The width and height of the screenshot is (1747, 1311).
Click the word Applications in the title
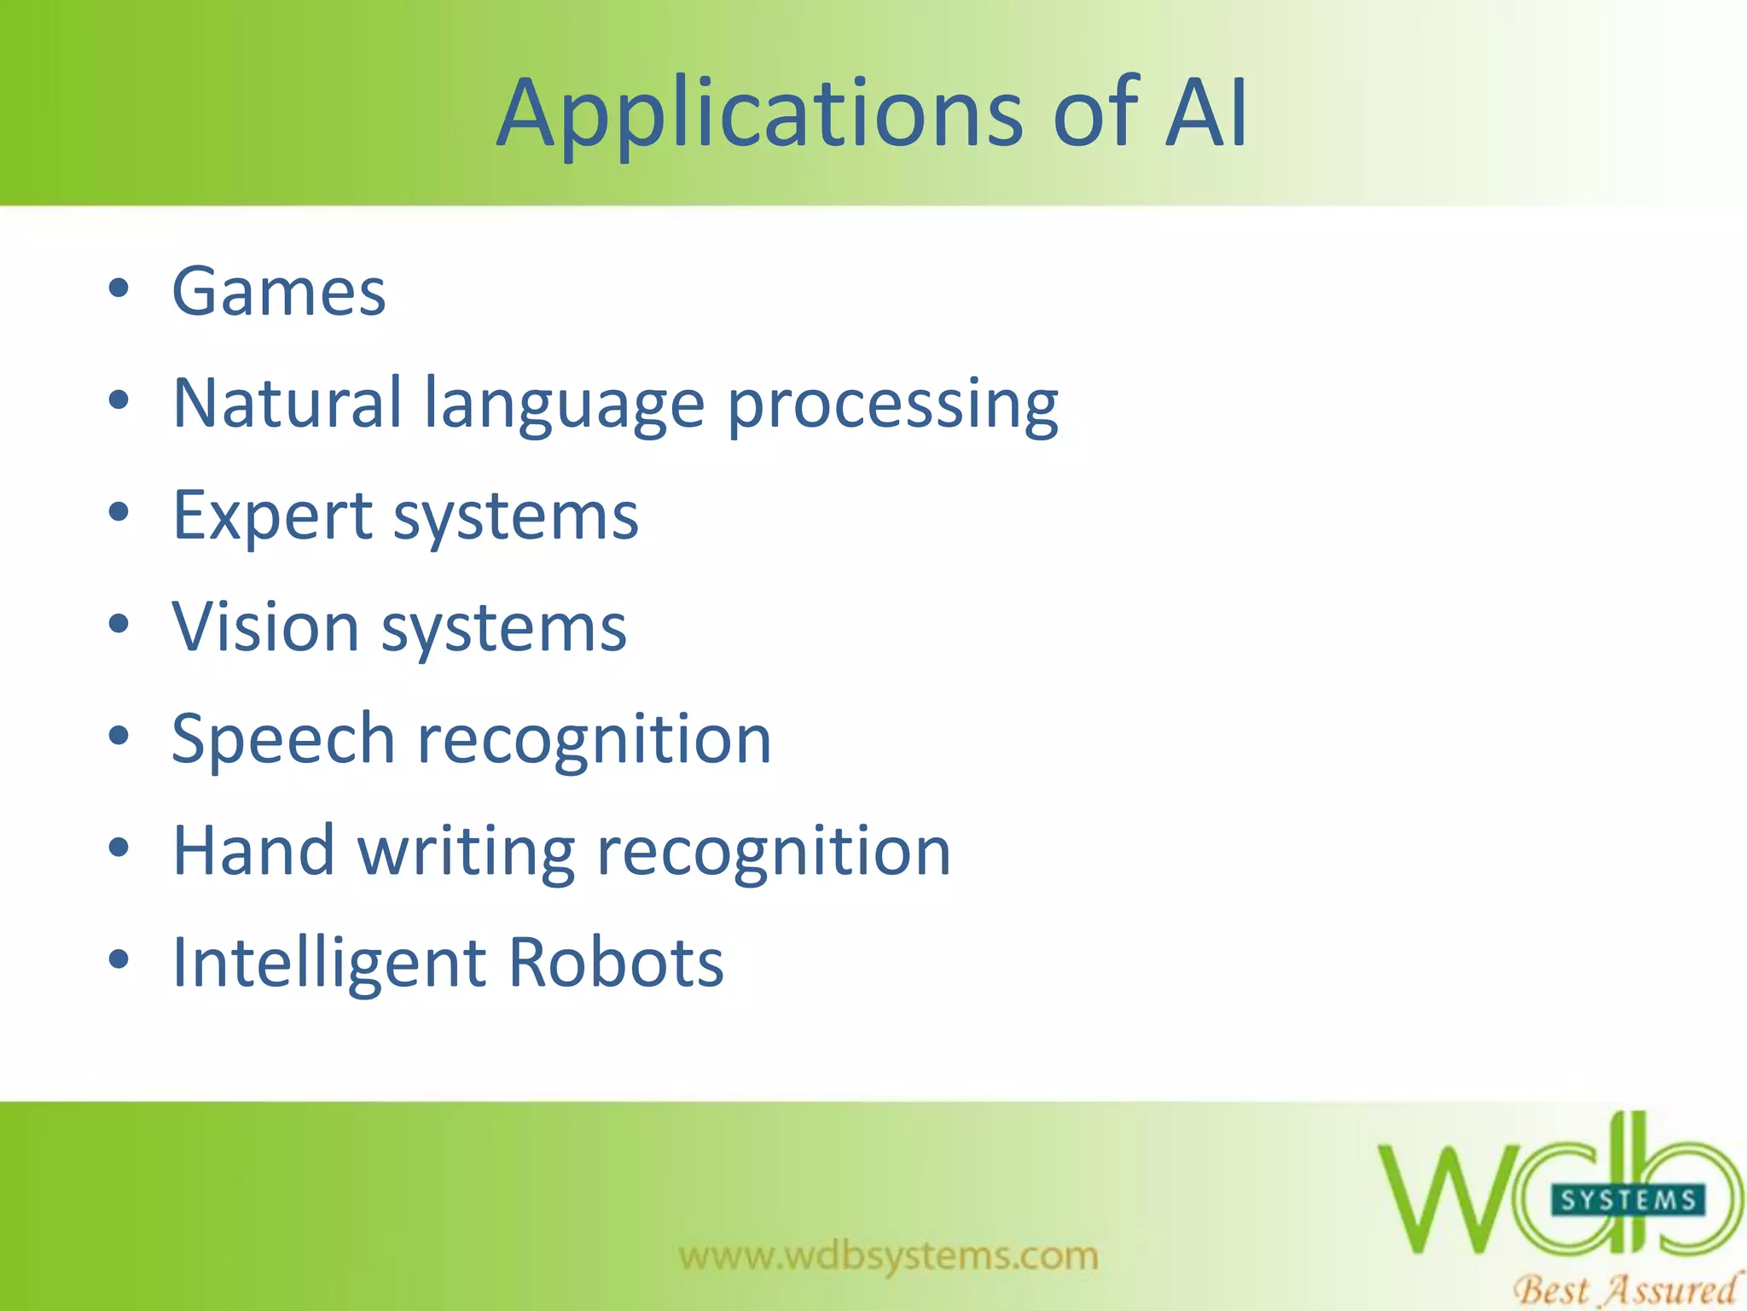(x=759, y=115)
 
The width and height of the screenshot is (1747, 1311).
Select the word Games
(x=279, y=292)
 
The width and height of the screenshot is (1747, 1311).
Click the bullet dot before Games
(x=119, y=288)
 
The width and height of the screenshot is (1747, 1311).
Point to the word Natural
(x=287, y=403)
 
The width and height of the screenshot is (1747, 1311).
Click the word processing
(x=892, y=406)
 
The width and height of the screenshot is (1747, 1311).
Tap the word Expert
(x=272, y=517)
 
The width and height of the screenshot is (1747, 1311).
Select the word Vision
(x=265, y=627)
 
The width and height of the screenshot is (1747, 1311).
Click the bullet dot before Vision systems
(x=119, y=624)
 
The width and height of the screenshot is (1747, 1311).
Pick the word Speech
(x=282, y=740)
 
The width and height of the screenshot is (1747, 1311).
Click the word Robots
(x=616, y=963)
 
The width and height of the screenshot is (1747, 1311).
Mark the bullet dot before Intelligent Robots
(x=119, y=959)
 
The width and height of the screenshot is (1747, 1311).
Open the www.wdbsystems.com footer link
(x=888, y=1256)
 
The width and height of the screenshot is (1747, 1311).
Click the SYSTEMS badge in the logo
(x=1627, y=1201)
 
